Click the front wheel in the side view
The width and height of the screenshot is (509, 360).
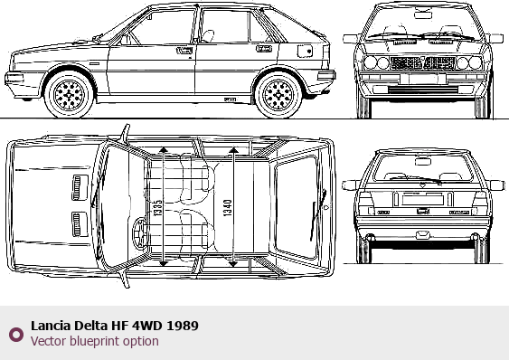pyautogui.click(x=69, y=95)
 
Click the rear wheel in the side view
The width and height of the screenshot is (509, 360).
pyautogui.click(x=278, y=95)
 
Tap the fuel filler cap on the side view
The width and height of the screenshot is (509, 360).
pyautogui.click(x=305, y=51)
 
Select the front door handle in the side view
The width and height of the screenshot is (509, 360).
pyautogui.click(x=184, y=51)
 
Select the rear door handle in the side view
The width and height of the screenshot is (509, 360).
pyautogui.click(x=264, y=49)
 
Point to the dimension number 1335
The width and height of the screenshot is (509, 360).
pyautogui.click(x=157, y=208)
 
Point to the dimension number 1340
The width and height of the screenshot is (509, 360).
pyautogui.click(x=228, y=208)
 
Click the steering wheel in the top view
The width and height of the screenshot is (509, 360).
pyautogui.click(x=139, y=233)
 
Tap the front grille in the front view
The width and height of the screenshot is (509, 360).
pyautogui.click(x=422, y=63)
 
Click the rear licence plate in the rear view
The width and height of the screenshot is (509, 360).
pyautogui.click(x=422, y=200)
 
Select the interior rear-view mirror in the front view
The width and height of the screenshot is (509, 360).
pyautogui.click(x=423, y=15)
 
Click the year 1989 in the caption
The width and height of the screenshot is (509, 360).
pyautogui.click(x=183, y=326)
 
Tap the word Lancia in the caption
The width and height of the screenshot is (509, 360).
pyautogui.click(x=51, y=326)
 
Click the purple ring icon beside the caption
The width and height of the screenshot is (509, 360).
pyautogui.click(x=16, y=335)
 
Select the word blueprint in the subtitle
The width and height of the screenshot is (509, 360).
pyautogui.click(x=99, y=342)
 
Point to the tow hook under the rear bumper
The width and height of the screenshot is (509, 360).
pyautogui.click(x=422, y=234)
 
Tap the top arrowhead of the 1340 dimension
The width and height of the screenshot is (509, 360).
pyautogui.click(x=234, y=149)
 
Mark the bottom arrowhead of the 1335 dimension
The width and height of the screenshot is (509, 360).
pyautogui.click(x=164, y=263)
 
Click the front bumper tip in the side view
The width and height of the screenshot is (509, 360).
pyautogui.click(x=5, y=79)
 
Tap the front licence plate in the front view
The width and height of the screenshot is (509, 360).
pyautogui.click(x=422, y=79)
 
